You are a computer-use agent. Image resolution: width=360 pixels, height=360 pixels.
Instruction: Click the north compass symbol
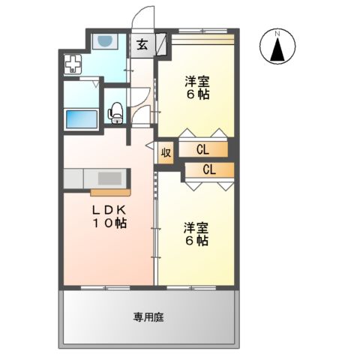pyautogui.click(x=277, y=49)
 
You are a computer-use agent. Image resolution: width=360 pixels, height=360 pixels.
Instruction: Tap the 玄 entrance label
pyautogui.click(x=142, y=44)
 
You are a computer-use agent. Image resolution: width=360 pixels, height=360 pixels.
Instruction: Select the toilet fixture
pyautogui.click(x=115, y=112)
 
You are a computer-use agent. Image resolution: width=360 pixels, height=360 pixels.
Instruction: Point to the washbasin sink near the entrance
pyautogui.click(x=105, y=41)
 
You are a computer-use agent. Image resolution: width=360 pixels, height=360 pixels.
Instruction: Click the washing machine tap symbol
pyautogui.click(x=73, y=65)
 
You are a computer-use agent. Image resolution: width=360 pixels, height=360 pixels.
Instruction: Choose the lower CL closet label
pyautogui.click(x=209, y=169)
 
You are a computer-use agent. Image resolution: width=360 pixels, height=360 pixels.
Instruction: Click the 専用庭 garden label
pyautogui.click(x=148, y=317)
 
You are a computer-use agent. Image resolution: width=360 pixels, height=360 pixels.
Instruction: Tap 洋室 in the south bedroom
pyautogui.click(x=196, y=226)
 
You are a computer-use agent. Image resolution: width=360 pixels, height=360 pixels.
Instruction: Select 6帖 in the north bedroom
pyautogui.click(x=197, y=95)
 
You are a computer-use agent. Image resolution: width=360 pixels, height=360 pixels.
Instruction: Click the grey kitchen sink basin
pyautogui.click(x=109, y=178)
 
